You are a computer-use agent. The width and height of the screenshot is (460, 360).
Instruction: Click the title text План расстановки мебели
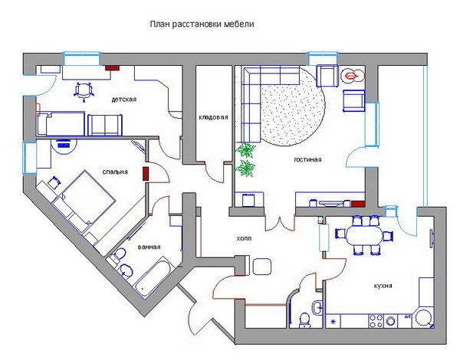pyautogui.click(x=202, y=24)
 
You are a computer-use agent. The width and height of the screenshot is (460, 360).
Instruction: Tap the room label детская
pyautogui.click(x=123, y=100)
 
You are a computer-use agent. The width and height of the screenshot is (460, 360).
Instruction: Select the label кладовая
pyautogui.click(x=213, y=117)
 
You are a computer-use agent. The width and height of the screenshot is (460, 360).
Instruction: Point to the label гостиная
pyautogui.click(x=307, y=159)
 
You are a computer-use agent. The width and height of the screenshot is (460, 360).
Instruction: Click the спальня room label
pyautogui.click(x=115, y=172)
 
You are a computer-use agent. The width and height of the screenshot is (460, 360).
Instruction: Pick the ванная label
pyautogui.click(x=149, y=247)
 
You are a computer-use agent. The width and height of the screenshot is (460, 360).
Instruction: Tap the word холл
pyautogui.click(x=244, y=238)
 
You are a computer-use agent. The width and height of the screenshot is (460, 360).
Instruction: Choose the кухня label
pyautogui.click(x=383, y=286)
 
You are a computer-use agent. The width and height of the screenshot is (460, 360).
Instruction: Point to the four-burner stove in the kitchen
pyautogui.click(x=376, y=321)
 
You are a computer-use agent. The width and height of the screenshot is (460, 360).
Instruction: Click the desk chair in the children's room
pyautogui.click(x=84, y=91)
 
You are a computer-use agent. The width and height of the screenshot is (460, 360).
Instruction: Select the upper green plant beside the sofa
pyautogui.click(x=245, y=149)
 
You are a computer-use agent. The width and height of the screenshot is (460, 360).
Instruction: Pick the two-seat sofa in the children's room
pyautogui.click(x=105, y=125)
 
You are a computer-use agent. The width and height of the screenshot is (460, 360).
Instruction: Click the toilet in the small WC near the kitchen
pyautogui.click(x=304, y=320)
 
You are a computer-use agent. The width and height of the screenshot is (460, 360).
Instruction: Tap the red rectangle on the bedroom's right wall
pyautogui.click(x=146, y=174)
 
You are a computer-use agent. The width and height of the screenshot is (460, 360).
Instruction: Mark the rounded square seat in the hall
pyautogui.click(x=261, y=267)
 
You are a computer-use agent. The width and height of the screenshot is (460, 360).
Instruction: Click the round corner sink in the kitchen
pyautogui.click(x=424, y=319)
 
